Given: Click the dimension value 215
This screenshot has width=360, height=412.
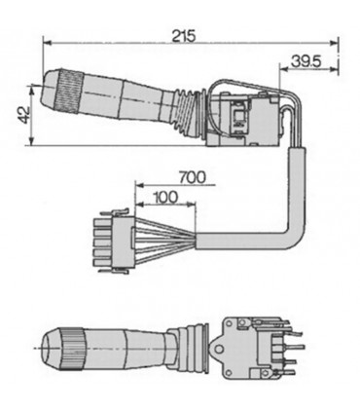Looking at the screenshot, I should pos(183,36).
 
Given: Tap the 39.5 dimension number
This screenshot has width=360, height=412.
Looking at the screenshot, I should pos(306,61).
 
